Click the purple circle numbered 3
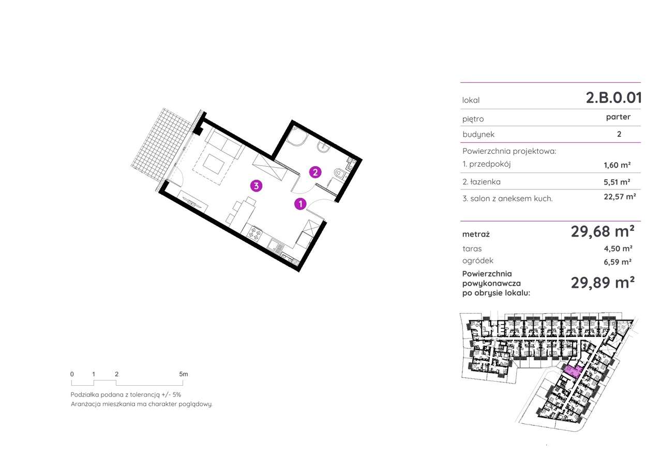[255, 186]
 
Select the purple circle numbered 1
[300, 204]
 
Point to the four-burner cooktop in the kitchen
[254, 233]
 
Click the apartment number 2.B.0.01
[613, 98]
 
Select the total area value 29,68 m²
[603, 231]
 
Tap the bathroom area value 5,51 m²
[618, 182]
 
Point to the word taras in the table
[472, 249]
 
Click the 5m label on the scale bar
[183, 374]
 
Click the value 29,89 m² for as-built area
[603, 282]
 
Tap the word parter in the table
[618, 117]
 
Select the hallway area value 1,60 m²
[618, 165]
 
